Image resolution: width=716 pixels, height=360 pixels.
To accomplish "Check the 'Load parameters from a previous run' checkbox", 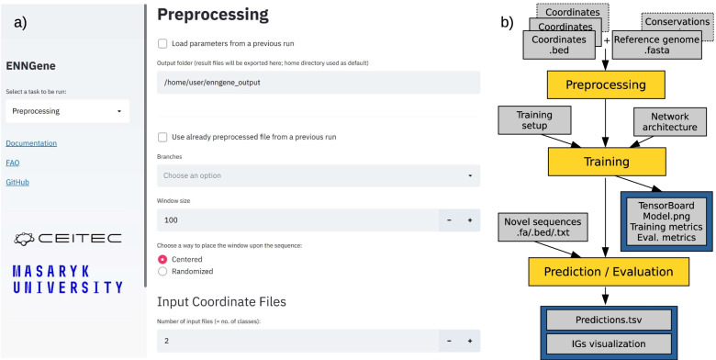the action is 162,44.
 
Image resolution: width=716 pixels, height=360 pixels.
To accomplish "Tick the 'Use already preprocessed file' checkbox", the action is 162,137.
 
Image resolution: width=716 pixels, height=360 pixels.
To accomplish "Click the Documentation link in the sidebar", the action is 31,143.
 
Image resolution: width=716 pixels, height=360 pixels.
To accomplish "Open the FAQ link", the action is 13,163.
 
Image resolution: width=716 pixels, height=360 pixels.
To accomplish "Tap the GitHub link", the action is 17,182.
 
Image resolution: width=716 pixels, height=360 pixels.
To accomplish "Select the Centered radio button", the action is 162,260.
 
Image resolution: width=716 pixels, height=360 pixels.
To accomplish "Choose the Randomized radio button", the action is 162,271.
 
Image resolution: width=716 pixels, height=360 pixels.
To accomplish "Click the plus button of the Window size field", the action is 469,220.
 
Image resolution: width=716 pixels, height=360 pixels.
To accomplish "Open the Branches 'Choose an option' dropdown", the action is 319,175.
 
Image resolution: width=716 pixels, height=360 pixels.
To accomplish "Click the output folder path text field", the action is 319,83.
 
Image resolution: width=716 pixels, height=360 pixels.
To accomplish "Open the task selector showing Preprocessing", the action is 68,111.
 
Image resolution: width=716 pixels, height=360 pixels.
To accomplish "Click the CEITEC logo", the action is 68,238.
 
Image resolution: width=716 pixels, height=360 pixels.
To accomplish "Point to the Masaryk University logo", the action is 68,279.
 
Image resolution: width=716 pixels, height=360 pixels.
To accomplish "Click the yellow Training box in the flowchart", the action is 607,162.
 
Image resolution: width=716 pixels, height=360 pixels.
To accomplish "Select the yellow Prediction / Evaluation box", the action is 609,272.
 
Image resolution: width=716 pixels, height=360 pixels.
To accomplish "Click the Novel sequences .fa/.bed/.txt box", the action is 543,227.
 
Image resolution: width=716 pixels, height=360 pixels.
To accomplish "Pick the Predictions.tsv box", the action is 609,320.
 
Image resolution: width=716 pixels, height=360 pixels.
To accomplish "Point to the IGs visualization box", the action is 609,344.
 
